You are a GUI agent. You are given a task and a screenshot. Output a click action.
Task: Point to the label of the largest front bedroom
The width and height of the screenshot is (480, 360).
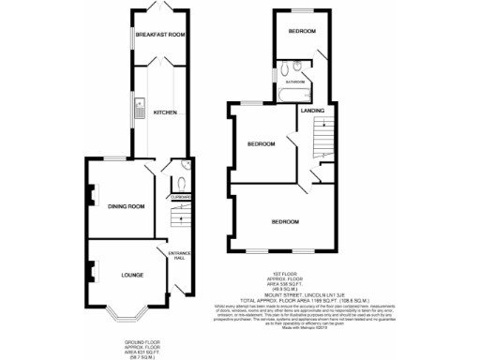pos(285,222)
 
